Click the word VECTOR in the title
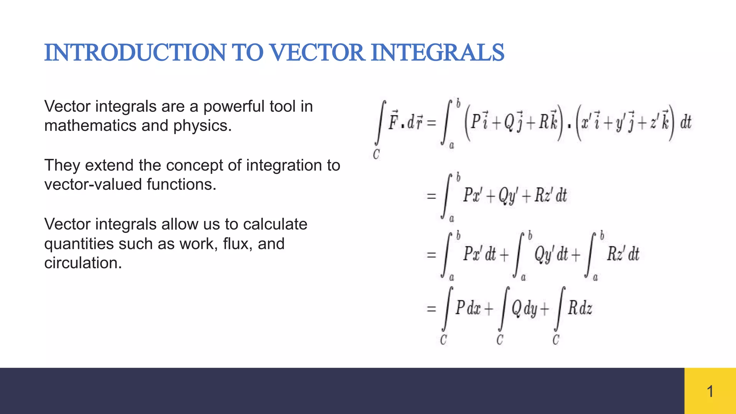[x=317, y=52]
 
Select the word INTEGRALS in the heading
[x=437, y=52]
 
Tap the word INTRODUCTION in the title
[x=135, y=52]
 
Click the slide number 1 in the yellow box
[x=710, y=391]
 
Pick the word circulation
[x=83, y=263]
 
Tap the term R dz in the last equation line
[x=580, y=308]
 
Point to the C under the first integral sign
[x=376, y=155]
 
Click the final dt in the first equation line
[x=686, y=123]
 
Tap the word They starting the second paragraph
[x=62, y=166]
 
